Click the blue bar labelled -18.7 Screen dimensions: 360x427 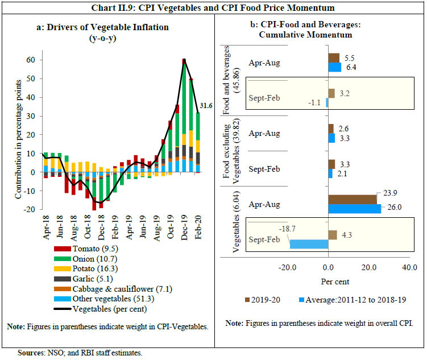[x=309, y=243]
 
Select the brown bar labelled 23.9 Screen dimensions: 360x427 [x=353, y=199]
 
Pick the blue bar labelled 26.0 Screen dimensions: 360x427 [x=355, y=209]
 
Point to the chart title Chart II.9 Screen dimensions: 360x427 [x=213, y=7]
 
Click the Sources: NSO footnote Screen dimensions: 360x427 [x=80, y=353]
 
